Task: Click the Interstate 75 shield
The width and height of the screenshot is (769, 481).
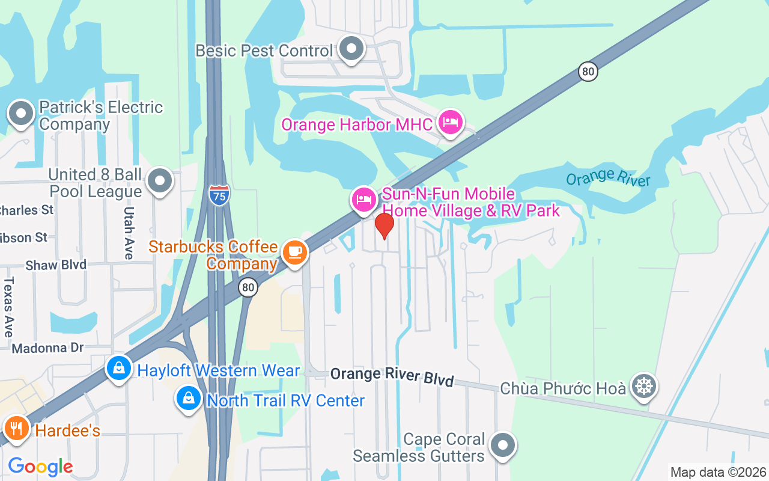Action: pyautogui.click(x=219, y=195)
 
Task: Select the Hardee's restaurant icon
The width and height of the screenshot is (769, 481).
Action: pyautogui.click(x=16, y=428)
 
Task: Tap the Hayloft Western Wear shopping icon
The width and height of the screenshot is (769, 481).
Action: pyautogui.click(x=119, y=368)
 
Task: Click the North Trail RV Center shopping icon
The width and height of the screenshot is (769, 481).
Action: pyautogui.click(x=189, y=399)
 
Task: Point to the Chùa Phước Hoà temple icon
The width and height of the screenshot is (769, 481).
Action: pyautogui.click(x=644, y=386)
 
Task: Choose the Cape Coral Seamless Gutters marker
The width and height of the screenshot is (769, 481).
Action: pyautogui.click(x=502, y=446)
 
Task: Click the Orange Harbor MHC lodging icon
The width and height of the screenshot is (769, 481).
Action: pyautogui.click(x=450, y=123)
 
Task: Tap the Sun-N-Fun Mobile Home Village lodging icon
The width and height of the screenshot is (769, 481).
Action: pyautogui.click(x=363, y=200)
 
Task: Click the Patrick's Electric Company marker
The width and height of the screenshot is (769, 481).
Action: pyautogui.click(x=21, y=113)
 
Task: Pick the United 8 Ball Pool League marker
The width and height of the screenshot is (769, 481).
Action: pyautogui.click(x=160, y=180)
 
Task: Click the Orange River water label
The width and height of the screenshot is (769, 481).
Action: pyautogui.click(x=608, y=177)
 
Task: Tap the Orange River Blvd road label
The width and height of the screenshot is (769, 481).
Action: pyautogui.click(x=392, y=375)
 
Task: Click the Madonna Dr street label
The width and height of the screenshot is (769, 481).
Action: pyautogui.click(x=47, y=348)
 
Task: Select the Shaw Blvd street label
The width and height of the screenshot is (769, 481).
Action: pyautogui.click(x=56, y=265)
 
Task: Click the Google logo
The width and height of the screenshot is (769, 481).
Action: pyautogui.click(x=40, y=467)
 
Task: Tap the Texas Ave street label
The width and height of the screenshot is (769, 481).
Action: pyautogui.click(x=8, y=307)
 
